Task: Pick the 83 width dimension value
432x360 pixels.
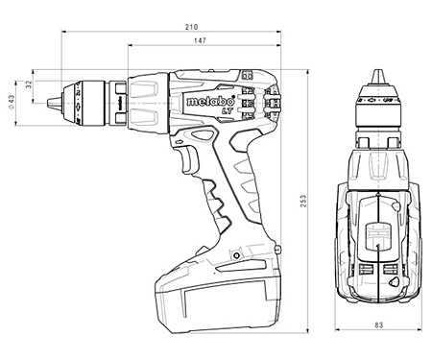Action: [379, 325]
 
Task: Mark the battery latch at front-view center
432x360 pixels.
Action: [378, 234]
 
